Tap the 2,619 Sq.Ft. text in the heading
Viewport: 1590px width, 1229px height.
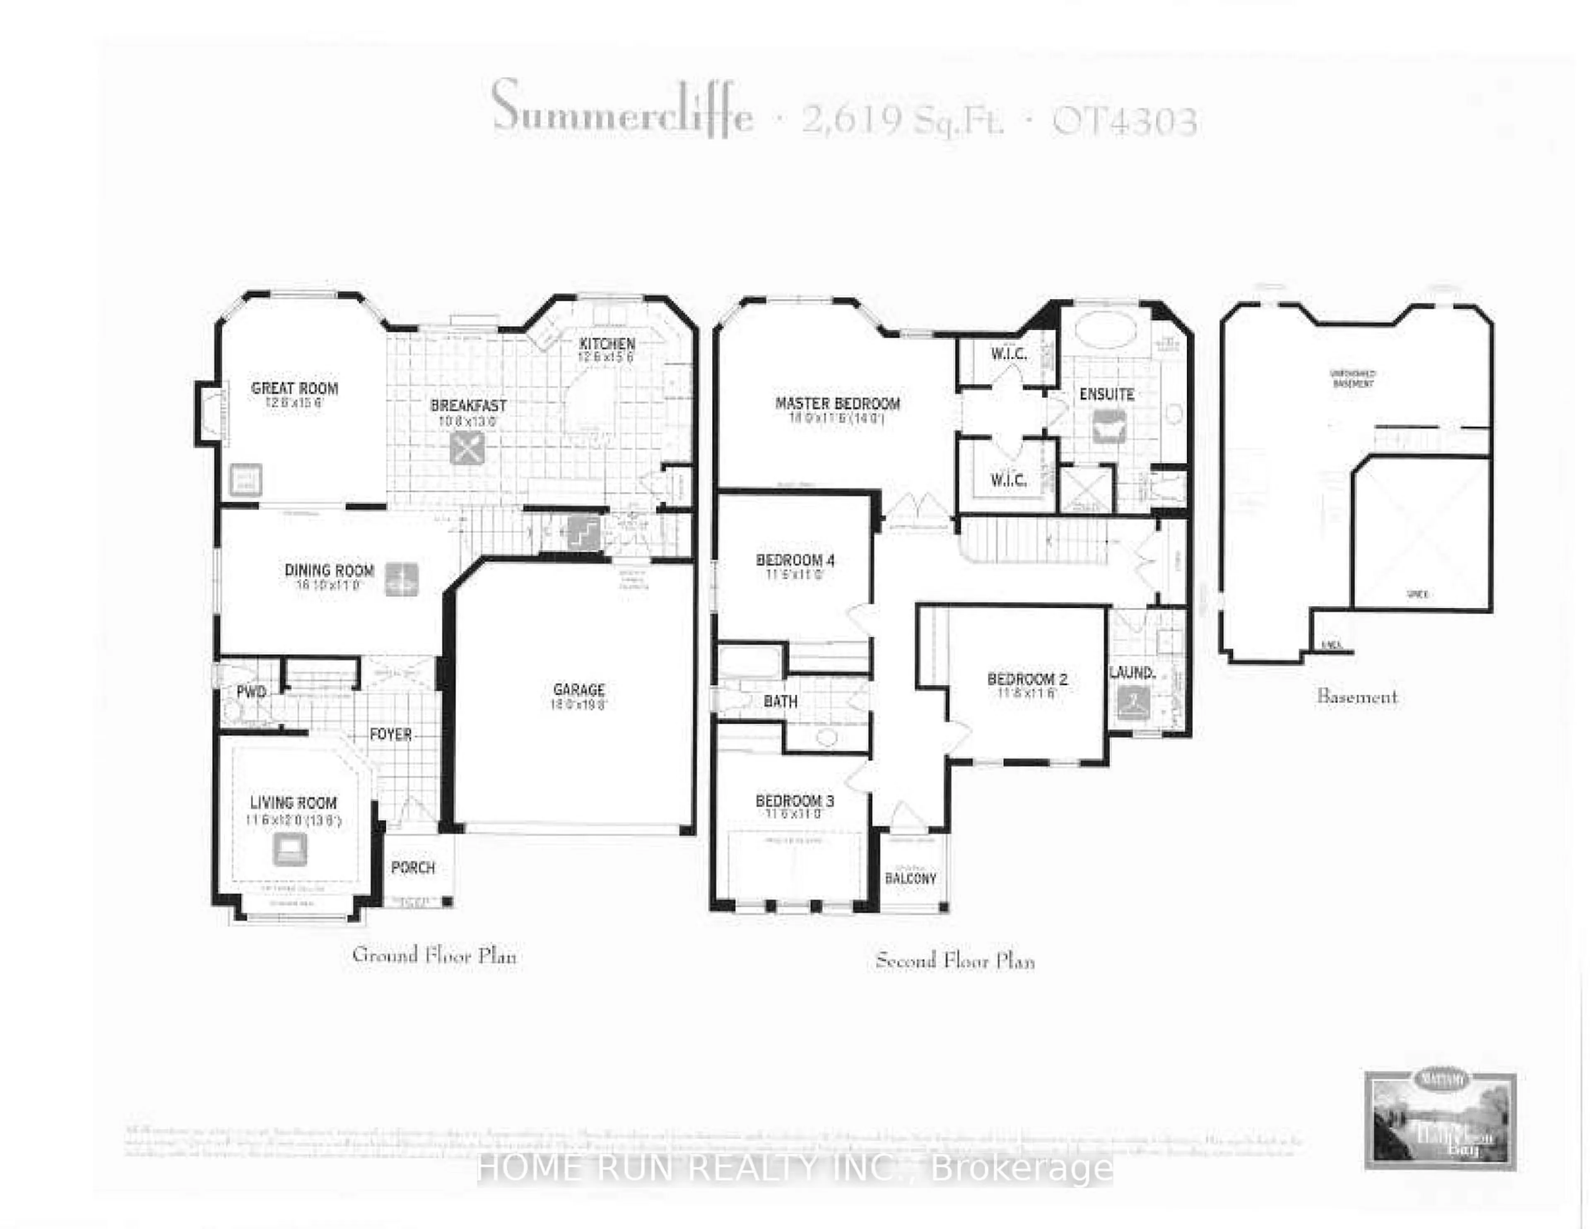[903, 120]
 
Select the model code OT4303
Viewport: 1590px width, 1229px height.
[1125, 122]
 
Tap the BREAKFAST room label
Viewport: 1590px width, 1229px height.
[468, 405]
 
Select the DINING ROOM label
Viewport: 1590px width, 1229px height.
[329, 570]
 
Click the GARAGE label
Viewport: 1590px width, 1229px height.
[579, 689]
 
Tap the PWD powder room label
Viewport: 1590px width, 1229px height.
[251, 691]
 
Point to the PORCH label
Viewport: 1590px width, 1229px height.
[413, 867]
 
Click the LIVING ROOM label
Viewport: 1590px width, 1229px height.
[294, 802]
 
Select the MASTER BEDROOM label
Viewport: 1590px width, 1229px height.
[837, 403]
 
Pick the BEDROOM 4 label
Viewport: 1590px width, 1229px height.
[795, 560]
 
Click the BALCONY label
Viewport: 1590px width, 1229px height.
[910, 878]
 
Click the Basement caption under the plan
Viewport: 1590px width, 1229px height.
[1357, 697]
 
